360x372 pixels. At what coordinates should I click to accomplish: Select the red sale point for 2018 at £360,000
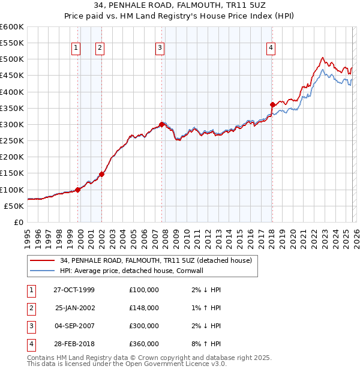(x=272, y=104)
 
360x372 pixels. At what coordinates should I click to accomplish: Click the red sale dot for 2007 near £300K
(x=161, y=124)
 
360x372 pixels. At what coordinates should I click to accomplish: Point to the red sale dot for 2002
(x=101, y=174)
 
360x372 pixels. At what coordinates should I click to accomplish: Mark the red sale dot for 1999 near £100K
(x=78, y=190)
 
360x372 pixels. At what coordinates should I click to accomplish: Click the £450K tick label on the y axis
(x=11, y=76)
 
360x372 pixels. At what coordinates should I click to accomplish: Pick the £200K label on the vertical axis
(x=11, y=157)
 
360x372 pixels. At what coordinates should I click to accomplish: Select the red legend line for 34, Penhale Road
(x=43, y=260)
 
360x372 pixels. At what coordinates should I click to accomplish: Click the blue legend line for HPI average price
(x=43, y=271)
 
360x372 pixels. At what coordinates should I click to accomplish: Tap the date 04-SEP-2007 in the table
(x=74, y=326)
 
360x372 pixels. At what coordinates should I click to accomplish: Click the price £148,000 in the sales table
(x=143, y=308)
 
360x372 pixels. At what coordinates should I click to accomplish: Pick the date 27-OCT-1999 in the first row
(x=74, y=290)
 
